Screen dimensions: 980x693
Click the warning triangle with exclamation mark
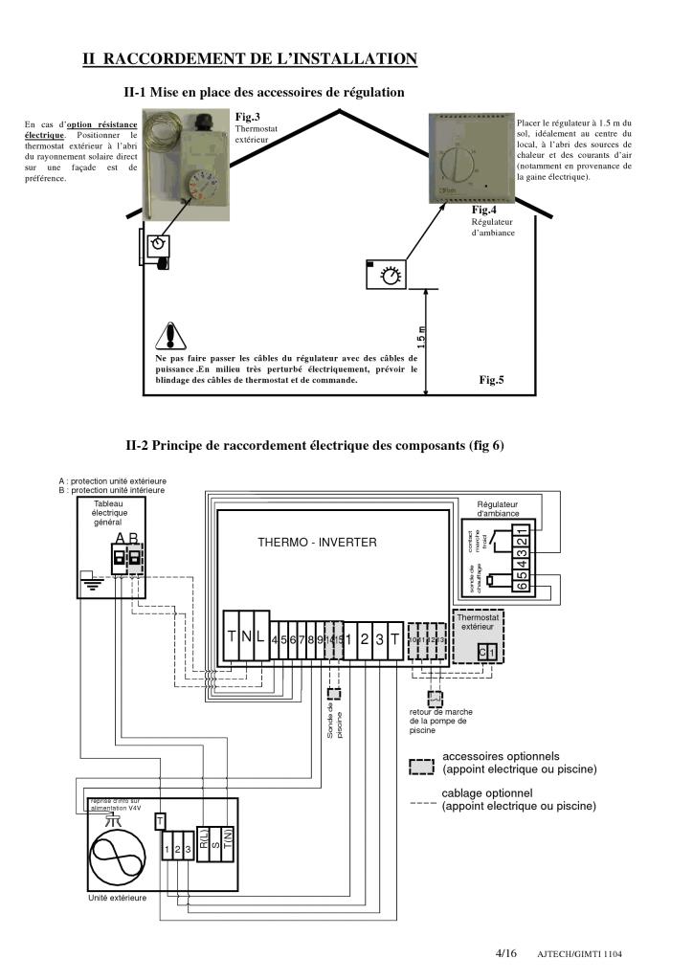coord(169,336)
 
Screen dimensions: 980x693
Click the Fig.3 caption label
coord(248,117)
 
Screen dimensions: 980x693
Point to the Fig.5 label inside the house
coord(491,380)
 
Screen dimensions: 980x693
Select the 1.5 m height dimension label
coord(421,337)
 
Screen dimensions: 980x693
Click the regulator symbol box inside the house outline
coord(388,274)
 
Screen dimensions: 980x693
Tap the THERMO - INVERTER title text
coord(317,543)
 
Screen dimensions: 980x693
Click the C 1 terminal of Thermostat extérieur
coord(487,652)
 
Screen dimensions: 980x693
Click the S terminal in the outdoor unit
coord(215,843)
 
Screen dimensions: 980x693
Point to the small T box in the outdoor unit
coord(160,820)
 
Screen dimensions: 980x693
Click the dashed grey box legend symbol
coord(421,768)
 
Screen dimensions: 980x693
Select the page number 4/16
coord(505,953)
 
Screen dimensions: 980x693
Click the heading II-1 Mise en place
coord(264,92)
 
